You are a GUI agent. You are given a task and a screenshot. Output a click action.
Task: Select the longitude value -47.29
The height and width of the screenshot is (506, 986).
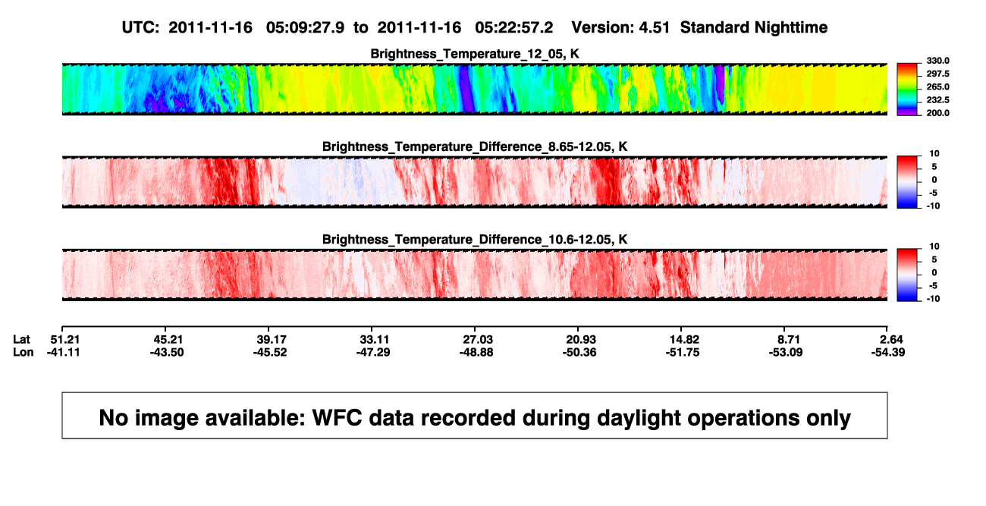[x=373, y=352]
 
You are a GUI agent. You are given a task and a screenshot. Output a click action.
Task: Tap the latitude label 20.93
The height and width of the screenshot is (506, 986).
[x=581, y=340]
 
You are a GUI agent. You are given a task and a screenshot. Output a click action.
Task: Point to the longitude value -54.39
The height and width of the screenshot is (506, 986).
[x=888, y=352]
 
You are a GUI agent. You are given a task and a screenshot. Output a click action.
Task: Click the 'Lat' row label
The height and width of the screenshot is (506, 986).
[x=21, y=340]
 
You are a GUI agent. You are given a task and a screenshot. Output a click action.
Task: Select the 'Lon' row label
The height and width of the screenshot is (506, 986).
[x=24, y=352]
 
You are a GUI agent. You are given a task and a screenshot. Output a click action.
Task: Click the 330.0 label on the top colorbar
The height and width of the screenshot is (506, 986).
[x=937, y=61]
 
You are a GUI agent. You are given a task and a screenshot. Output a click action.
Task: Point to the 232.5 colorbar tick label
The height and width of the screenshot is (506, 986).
[x=937, y=100]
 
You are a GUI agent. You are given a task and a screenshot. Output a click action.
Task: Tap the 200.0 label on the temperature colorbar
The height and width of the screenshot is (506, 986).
[x=937, y=113]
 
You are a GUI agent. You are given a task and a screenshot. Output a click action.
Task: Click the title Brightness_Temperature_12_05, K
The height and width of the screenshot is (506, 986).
[x=475, y=54]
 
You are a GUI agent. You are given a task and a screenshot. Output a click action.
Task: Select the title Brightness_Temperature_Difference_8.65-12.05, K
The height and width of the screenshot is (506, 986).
[x=475, y=146]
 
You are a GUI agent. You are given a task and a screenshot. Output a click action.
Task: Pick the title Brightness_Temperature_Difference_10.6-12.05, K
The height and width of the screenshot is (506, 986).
[x=475, y=240]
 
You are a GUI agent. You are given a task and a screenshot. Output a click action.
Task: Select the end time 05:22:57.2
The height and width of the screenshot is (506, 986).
[x=513, y=27]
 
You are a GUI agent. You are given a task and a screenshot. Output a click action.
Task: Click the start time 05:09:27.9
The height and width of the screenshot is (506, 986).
[x=305, y=27]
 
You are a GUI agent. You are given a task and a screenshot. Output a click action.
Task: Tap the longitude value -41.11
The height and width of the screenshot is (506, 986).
[x=64, y=352]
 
